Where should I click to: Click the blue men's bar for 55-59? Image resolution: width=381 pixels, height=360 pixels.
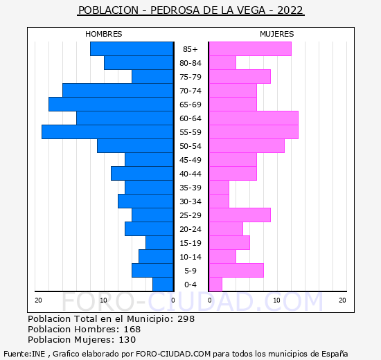[107, 132]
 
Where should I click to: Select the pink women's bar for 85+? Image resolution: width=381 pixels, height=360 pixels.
[250, 49]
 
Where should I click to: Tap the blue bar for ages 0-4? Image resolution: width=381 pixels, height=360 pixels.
[163, 285]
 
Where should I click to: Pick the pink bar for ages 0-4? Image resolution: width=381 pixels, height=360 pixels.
[215, 285]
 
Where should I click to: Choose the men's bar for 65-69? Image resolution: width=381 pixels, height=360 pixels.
[111, 105]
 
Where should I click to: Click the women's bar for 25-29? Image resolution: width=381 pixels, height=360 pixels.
[240, 215]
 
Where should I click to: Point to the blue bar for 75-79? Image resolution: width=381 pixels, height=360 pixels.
[152, 77]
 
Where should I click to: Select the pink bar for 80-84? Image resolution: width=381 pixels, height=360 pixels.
[222, 63]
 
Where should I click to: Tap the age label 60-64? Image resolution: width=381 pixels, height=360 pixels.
[190, 118]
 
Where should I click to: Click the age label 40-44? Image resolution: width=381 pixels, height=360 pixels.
[190, 174]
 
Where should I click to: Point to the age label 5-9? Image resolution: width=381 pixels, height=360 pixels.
[190, 271]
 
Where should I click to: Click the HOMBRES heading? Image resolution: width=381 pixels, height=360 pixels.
[103, 34]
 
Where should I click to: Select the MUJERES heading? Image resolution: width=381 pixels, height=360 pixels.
[277, 34]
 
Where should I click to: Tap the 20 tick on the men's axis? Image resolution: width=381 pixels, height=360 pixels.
[38, 300]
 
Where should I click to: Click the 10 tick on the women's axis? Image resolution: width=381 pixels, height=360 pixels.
[277, 300]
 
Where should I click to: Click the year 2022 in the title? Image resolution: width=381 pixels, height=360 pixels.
[290, 10]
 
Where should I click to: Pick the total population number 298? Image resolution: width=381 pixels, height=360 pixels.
[186, 318]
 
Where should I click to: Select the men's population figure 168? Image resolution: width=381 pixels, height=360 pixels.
[132, 329]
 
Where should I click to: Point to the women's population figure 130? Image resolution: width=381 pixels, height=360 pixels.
[127, 340]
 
